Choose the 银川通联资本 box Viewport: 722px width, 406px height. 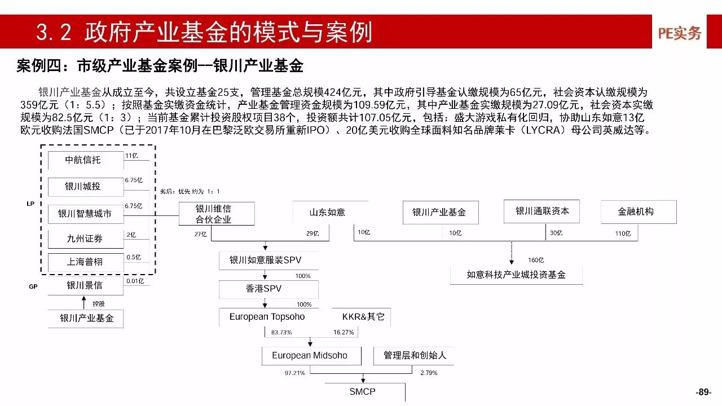pyautogui.click(x=542, y=211)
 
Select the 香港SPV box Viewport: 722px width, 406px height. pyautogui.click(x=264, y=289)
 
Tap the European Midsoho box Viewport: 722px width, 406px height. pyautogui.click(x=310, y=355)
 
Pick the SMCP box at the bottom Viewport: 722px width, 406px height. pyautogui.click(x=362, y=392)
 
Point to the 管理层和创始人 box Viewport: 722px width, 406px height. pyautogui.click(x=415, y=355)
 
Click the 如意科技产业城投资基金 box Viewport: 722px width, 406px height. pyautogui.click(x=516, y=275)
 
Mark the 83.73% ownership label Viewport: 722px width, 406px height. pyautogui.click(x=281, y=333)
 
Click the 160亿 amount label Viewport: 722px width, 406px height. pyautogui.click(x=536, y=260)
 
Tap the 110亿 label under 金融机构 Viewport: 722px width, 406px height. pyautogui.click(x=623, y=233)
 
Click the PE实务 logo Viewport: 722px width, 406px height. pyautogui.click(x=679, y=33)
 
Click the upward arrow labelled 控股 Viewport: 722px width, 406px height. pyautogui.click(x=84, y=303)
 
